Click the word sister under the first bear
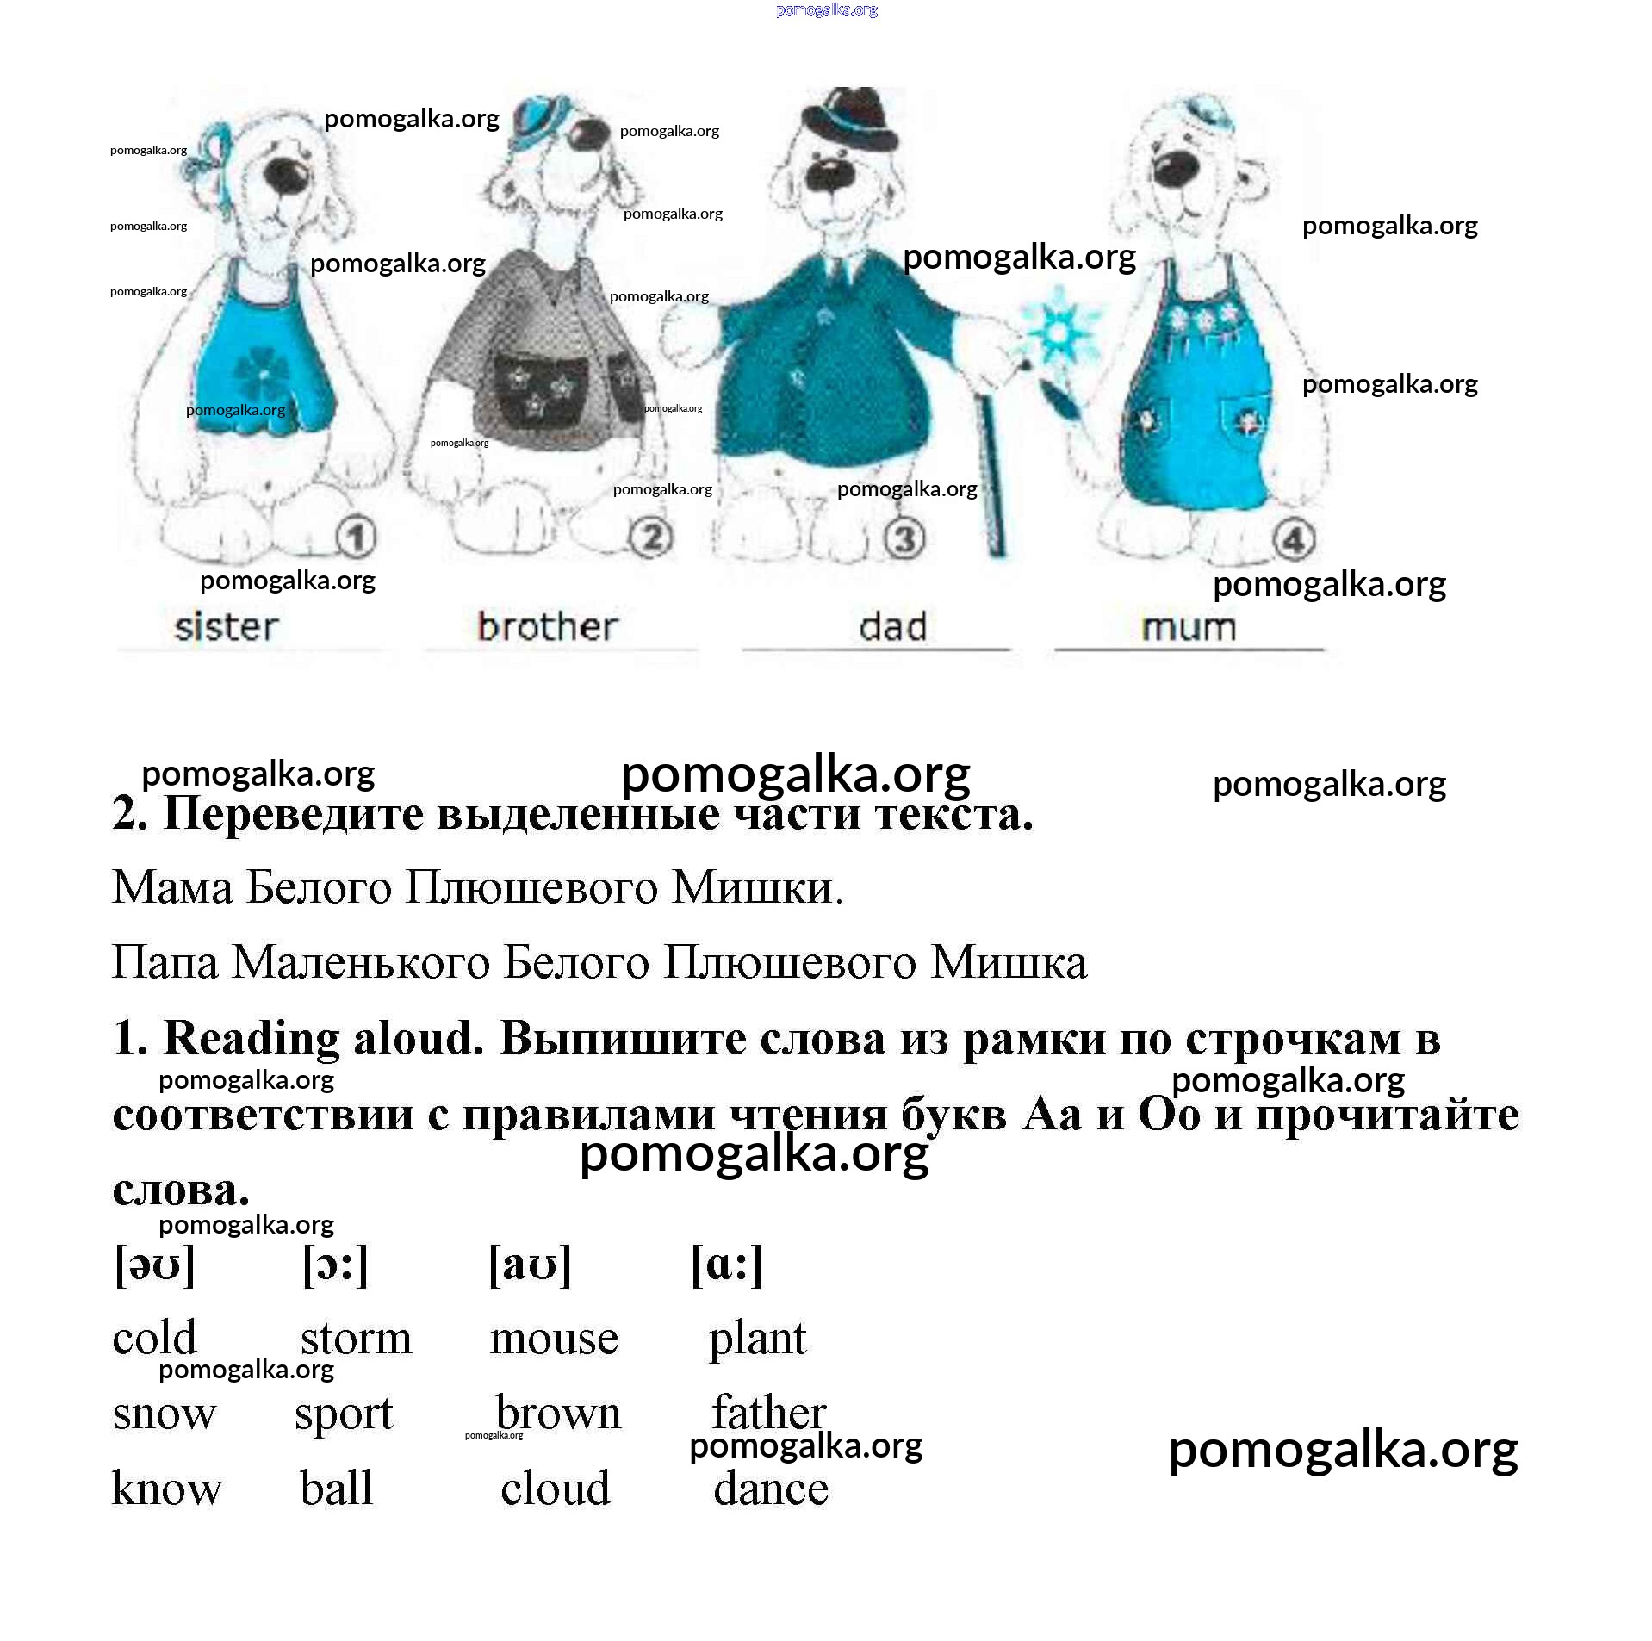[227, 627]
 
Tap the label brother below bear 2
[548, 627]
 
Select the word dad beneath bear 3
[892, 627]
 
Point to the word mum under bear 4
[1189, 627]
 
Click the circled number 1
[356, 538]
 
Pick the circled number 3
[904, 539]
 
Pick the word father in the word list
[769, 1413]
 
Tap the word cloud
[556, 1489]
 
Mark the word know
[167, 1489]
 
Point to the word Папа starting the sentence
[165, 962]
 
